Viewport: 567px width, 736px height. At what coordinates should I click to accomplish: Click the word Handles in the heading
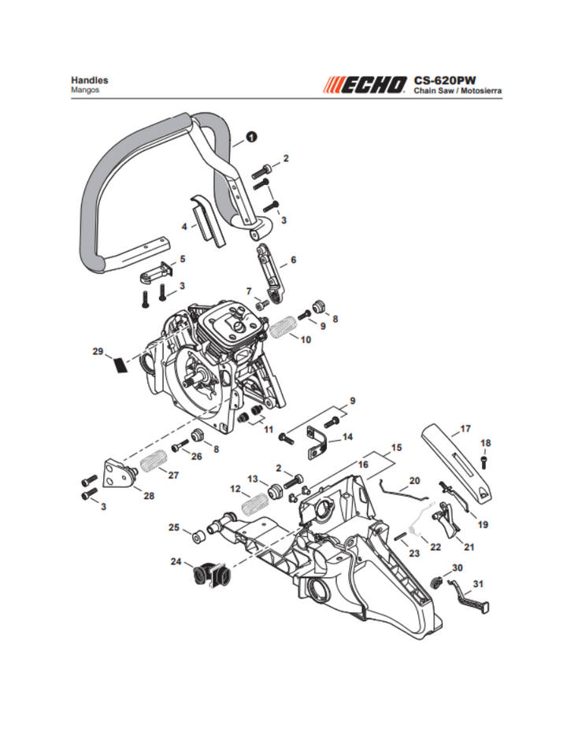[x=89, y=80]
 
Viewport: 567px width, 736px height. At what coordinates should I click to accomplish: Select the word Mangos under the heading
[x=84, y=91]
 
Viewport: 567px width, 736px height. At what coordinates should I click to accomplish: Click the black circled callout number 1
[x=251, y=136]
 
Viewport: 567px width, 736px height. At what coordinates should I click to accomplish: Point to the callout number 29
[x=98, y=352]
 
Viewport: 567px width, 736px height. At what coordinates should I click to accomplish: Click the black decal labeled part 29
[x=118, y=364]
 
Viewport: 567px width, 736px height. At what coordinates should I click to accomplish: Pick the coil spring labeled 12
[x=254, y=502]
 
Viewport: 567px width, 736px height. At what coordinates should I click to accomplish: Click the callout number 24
[x=176, y=561]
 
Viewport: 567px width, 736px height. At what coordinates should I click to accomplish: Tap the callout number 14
[x=347, y=435]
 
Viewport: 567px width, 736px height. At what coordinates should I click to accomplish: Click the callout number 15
[x=396, y=447]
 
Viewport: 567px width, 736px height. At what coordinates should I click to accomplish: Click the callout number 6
[x=293, y=259]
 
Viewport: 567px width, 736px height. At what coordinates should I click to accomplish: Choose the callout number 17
[x=465, y=429]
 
